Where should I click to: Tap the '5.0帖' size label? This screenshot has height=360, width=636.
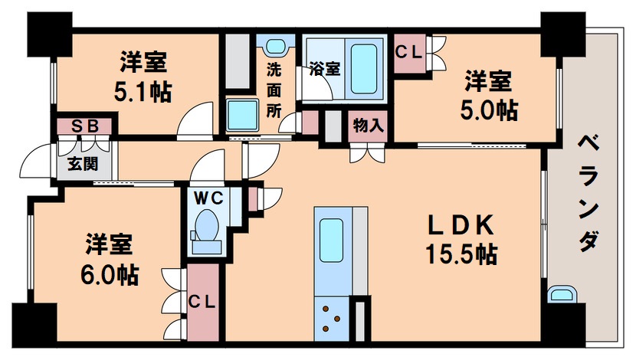pos(489,110)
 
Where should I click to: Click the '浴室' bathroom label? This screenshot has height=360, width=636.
pos(324,67)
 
